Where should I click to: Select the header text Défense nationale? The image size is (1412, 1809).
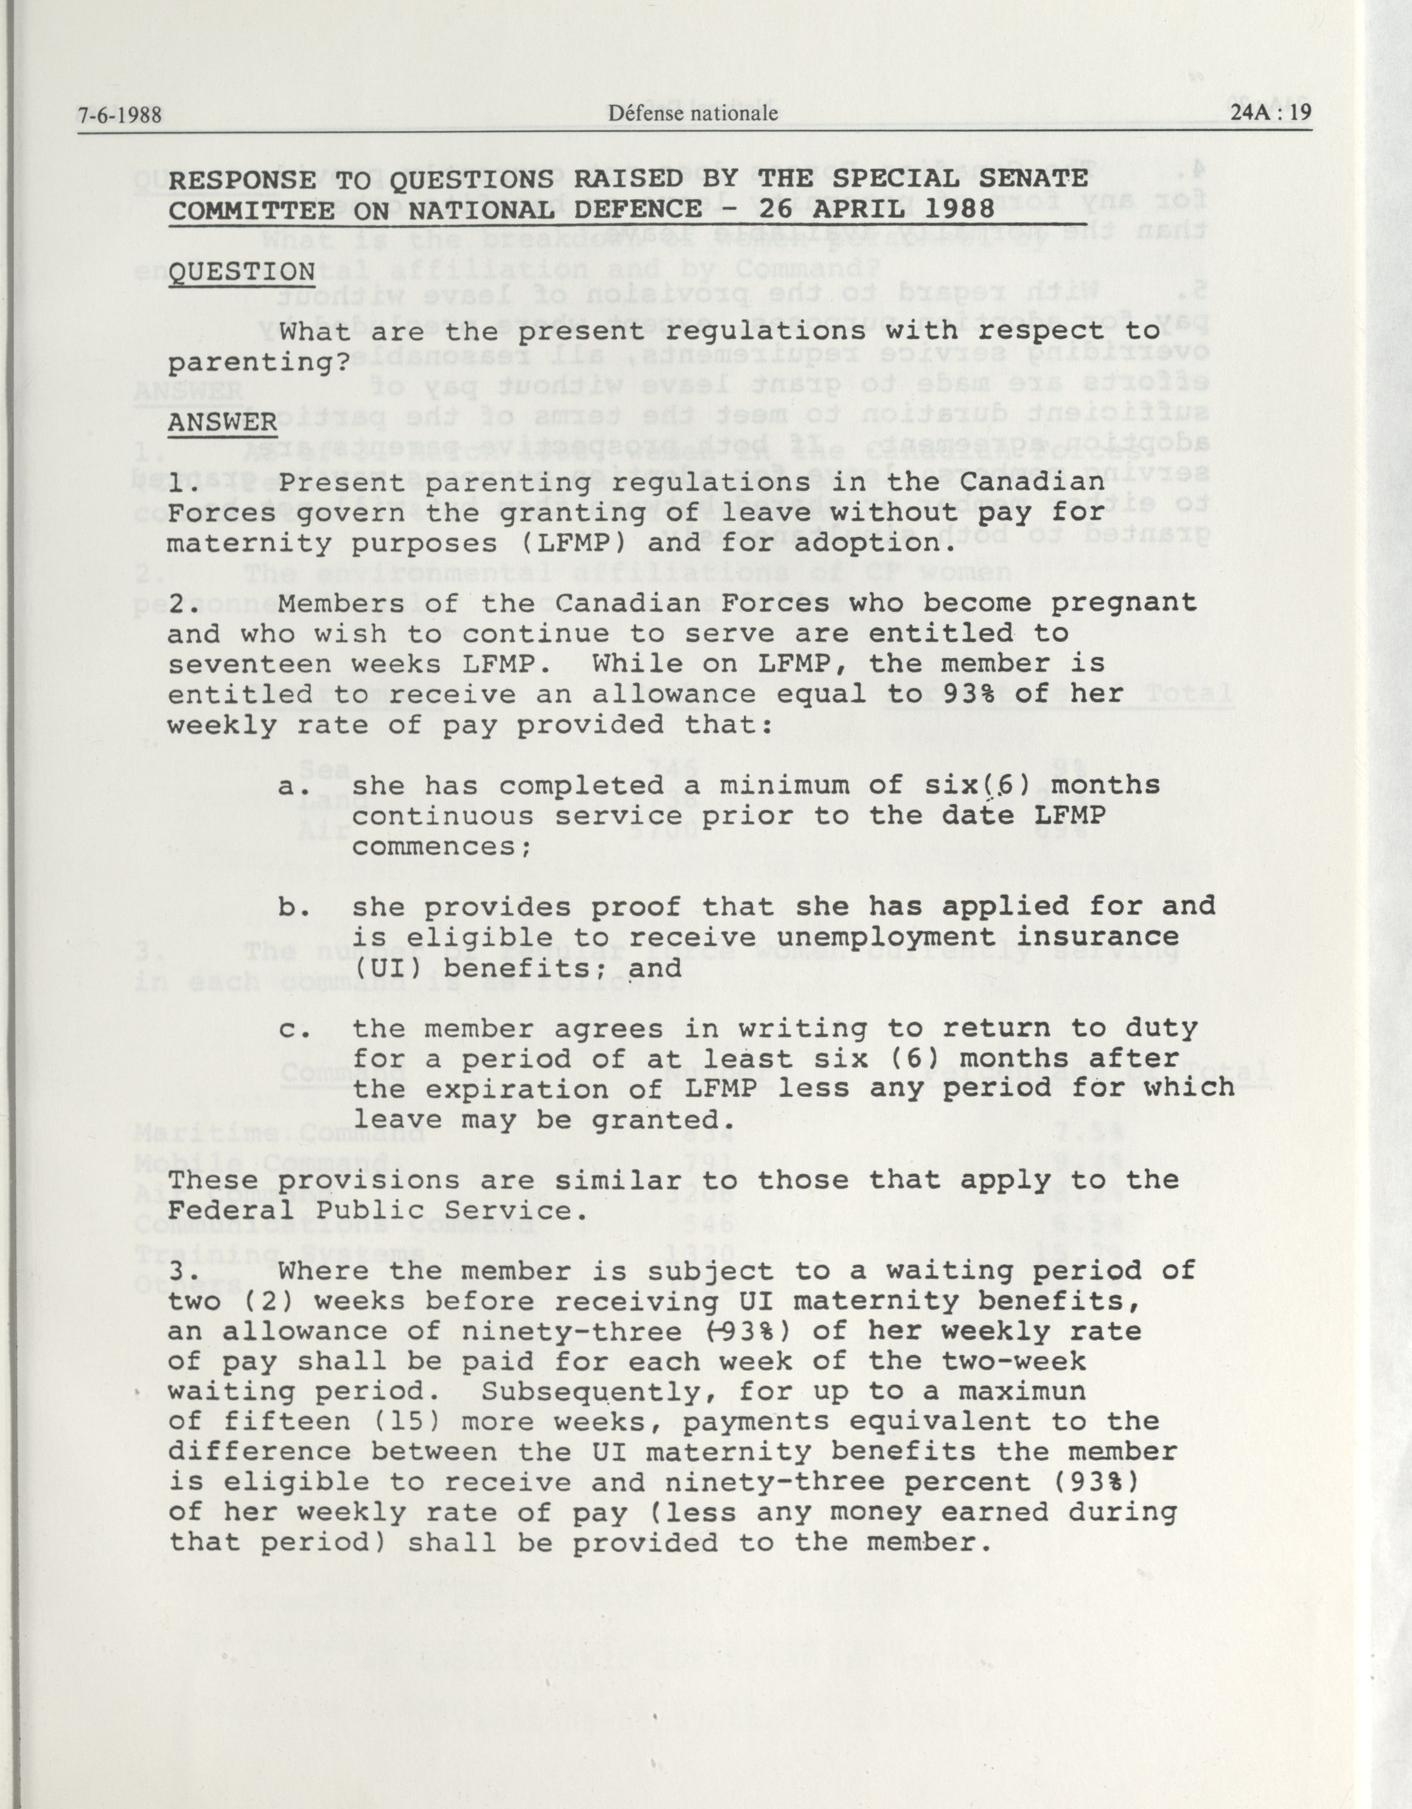(x=693, y=113)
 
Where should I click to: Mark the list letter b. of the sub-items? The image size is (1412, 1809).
(x=294, y=907)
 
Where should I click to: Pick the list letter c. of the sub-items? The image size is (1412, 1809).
(x=294, y=1029)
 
